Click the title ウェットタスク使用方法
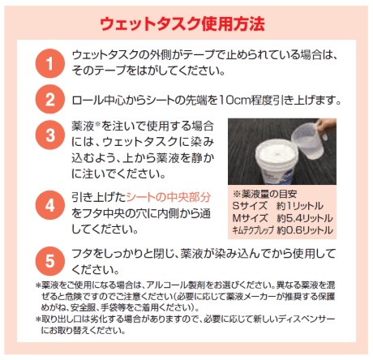pyautogui.click(x=182, y=24)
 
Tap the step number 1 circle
pyautogui.click(x=50, y=63)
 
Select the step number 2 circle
pyautogui.click(x=50, y=99)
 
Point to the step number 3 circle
pyautogui.click(x=50, y=135)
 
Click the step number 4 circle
pyautogui.click(x=50, y=205)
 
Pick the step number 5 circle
pyautogui.click(x=50, y=261)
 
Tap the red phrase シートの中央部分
pyautogui.click(x=169, y=197)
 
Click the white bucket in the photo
pyautogui.click(x=277, y=161)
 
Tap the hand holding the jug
pyautogui.click(x=327, y=126)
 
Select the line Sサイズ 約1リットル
pyautogui.click(x=277, y=206)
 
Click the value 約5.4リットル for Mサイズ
pyautogui.click(x=305, y=218)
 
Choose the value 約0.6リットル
pyautogui.click(x=305, y=230)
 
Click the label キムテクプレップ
pyautogui.click(x=253, y=230)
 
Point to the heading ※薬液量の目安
pyautogui.click(x=265, y=194)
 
